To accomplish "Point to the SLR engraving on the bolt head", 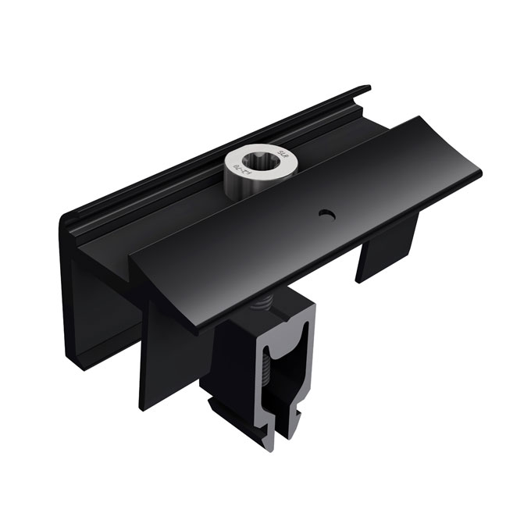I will pos(270,155).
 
